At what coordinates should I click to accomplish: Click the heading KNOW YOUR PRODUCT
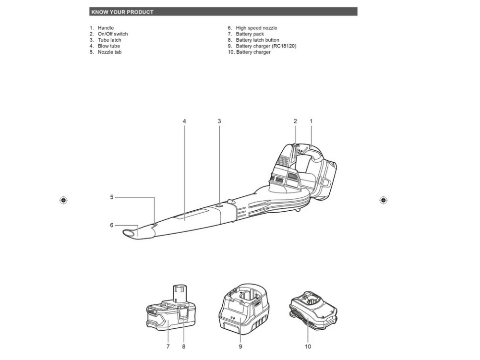[122, 12]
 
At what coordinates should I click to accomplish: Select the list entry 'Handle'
[106, 28]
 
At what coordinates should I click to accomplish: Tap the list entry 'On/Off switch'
[113, 34]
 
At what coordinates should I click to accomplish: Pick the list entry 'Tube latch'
[109, 40]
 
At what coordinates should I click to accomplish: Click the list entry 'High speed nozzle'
[256, 28]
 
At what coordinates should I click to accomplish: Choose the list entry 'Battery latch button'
[257, 40]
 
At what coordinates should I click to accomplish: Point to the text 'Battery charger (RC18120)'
[266, 46]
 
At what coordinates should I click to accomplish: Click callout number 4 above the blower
[184, 121]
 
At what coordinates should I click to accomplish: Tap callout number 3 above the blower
[219, 121]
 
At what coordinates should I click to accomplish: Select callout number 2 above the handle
[295, 121]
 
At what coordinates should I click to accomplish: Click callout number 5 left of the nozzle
[112, 197]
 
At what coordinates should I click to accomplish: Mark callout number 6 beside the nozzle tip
[112, 225]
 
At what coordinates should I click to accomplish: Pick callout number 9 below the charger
[240, 347]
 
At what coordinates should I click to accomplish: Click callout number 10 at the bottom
[308, 347]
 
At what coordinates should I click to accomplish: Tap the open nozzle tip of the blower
[129, 234]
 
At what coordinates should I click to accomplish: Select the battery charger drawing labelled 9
[244, 309]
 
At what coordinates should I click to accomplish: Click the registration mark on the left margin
[63, 200]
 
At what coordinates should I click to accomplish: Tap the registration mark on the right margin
[383, 200]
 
